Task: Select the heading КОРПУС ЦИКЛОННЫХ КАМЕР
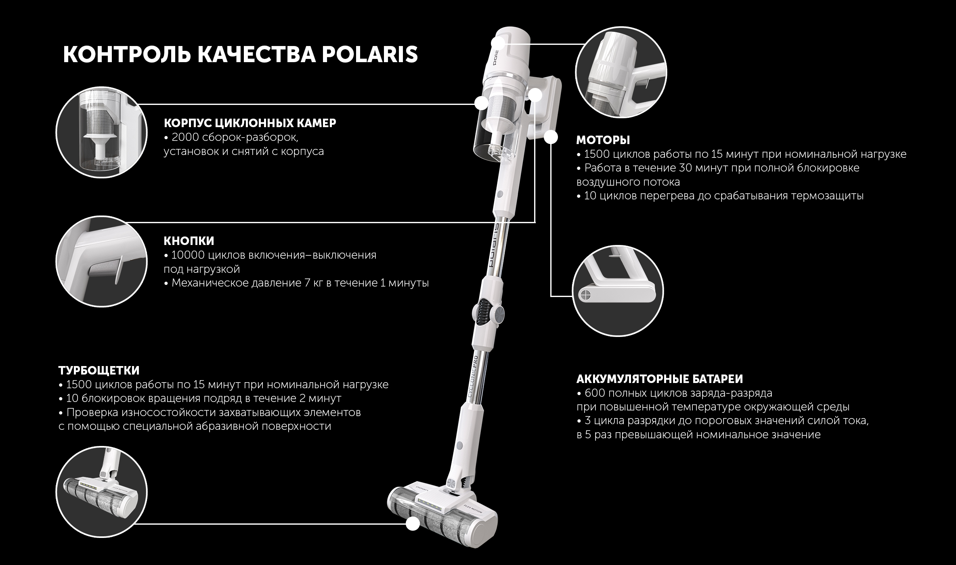click(250, 123)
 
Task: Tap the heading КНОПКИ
click(189, 241)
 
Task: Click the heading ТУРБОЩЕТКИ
click(99, 370)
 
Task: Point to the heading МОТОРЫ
click(603, 140)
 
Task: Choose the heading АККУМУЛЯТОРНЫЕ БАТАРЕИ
click(660, 379)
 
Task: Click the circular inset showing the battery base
click(618, 291)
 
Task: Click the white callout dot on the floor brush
click(412, 524)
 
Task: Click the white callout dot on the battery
click(550, 138)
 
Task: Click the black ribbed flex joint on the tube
click(485, 311)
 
